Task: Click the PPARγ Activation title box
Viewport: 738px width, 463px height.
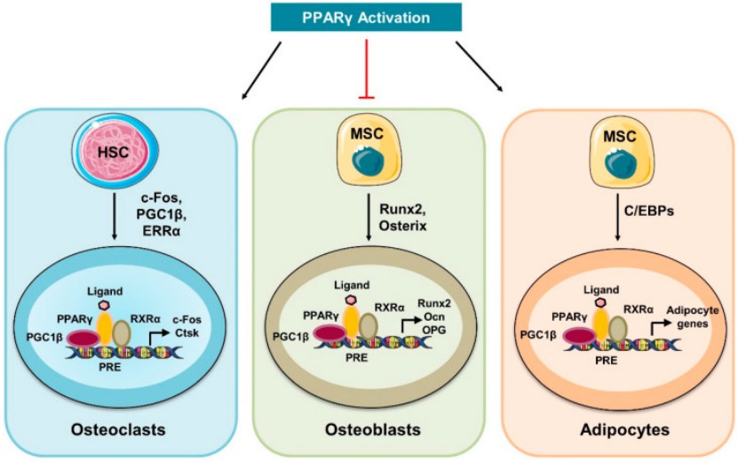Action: (x=369, y=17)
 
